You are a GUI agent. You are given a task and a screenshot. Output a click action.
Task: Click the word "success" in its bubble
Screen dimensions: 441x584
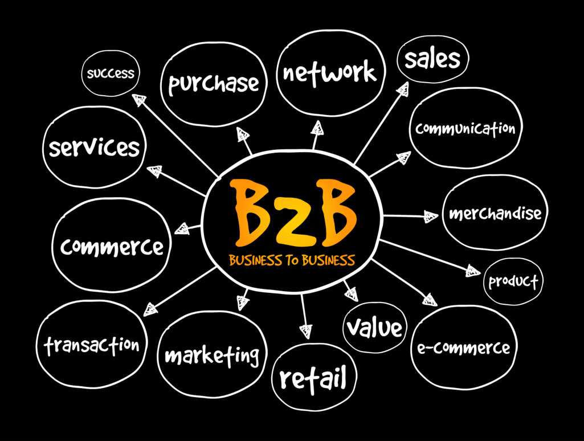110,73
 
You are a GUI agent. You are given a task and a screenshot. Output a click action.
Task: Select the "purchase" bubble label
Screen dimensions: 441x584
214,84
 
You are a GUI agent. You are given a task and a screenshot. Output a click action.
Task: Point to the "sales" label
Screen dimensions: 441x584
432,59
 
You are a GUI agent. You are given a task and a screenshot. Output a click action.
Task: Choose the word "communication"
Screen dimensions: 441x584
465,128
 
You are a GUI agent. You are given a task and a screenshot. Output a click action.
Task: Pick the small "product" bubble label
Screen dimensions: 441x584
513,281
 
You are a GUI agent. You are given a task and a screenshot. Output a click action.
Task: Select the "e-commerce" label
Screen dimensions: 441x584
463,347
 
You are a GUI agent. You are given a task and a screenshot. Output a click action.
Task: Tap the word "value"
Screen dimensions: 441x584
374,328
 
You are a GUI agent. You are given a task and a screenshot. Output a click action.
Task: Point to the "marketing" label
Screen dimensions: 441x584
211,356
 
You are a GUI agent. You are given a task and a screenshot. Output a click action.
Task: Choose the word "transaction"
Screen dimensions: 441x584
92,345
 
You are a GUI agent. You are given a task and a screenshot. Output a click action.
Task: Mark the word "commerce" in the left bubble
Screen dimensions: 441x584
112,247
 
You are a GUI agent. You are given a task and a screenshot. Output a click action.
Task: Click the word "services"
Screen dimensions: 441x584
94,148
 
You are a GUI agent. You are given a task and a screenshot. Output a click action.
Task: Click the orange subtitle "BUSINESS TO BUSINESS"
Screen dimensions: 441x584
292,261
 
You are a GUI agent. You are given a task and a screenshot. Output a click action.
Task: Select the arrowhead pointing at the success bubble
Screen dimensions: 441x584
138,100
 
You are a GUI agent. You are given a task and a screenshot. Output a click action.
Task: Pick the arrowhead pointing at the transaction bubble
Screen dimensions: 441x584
150,309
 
